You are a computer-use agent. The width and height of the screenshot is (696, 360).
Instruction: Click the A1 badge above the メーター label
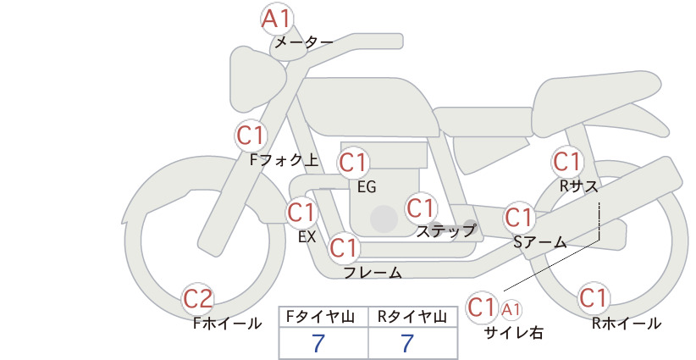pos(276,19)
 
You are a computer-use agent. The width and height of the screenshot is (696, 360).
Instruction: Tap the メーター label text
pos(304,42)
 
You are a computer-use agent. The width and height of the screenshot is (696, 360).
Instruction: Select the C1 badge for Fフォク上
pos(251,136)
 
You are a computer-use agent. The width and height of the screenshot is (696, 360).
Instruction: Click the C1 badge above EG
pos(353,163)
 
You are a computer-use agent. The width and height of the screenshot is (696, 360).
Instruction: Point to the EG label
pos(367,187)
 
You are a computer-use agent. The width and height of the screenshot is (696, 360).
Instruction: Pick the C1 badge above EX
pos(301,213)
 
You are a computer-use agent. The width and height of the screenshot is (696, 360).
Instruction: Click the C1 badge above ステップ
pos(420,208)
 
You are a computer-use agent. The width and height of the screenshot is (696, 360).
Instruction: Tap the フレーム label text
pos(373,273)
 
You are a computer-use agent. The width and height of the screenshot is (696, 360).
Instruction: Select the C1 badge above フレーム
pos(344,247)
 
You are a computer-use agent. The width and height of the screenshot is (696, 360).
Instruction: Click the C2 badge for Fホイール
pos(198,299)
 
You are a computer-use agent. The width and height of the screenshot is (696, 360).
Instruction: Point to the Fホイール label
pos(227,324)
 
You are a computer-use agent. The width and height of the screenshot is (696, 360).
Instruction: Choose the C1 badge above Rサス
pos(567,162)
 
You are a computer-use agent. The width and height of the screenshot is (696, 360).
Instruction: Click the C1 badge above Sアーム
pos(519,218)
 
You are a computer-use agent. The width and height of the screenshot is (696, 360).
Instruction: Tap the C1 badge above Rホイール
pos(594,298)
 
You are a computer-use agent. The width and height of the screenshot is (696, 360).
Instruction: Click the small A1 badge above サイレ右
pos(511,310)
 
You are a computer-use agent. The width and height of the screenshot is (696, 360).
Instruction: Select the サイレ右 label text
pos(514,333)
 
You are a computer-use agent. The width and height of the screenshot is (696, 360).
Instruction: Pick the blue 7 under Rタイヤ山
pos(407,343)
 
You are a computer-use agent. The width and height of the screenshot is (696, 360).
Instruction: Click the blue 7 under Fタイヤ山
pos(318,343)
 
